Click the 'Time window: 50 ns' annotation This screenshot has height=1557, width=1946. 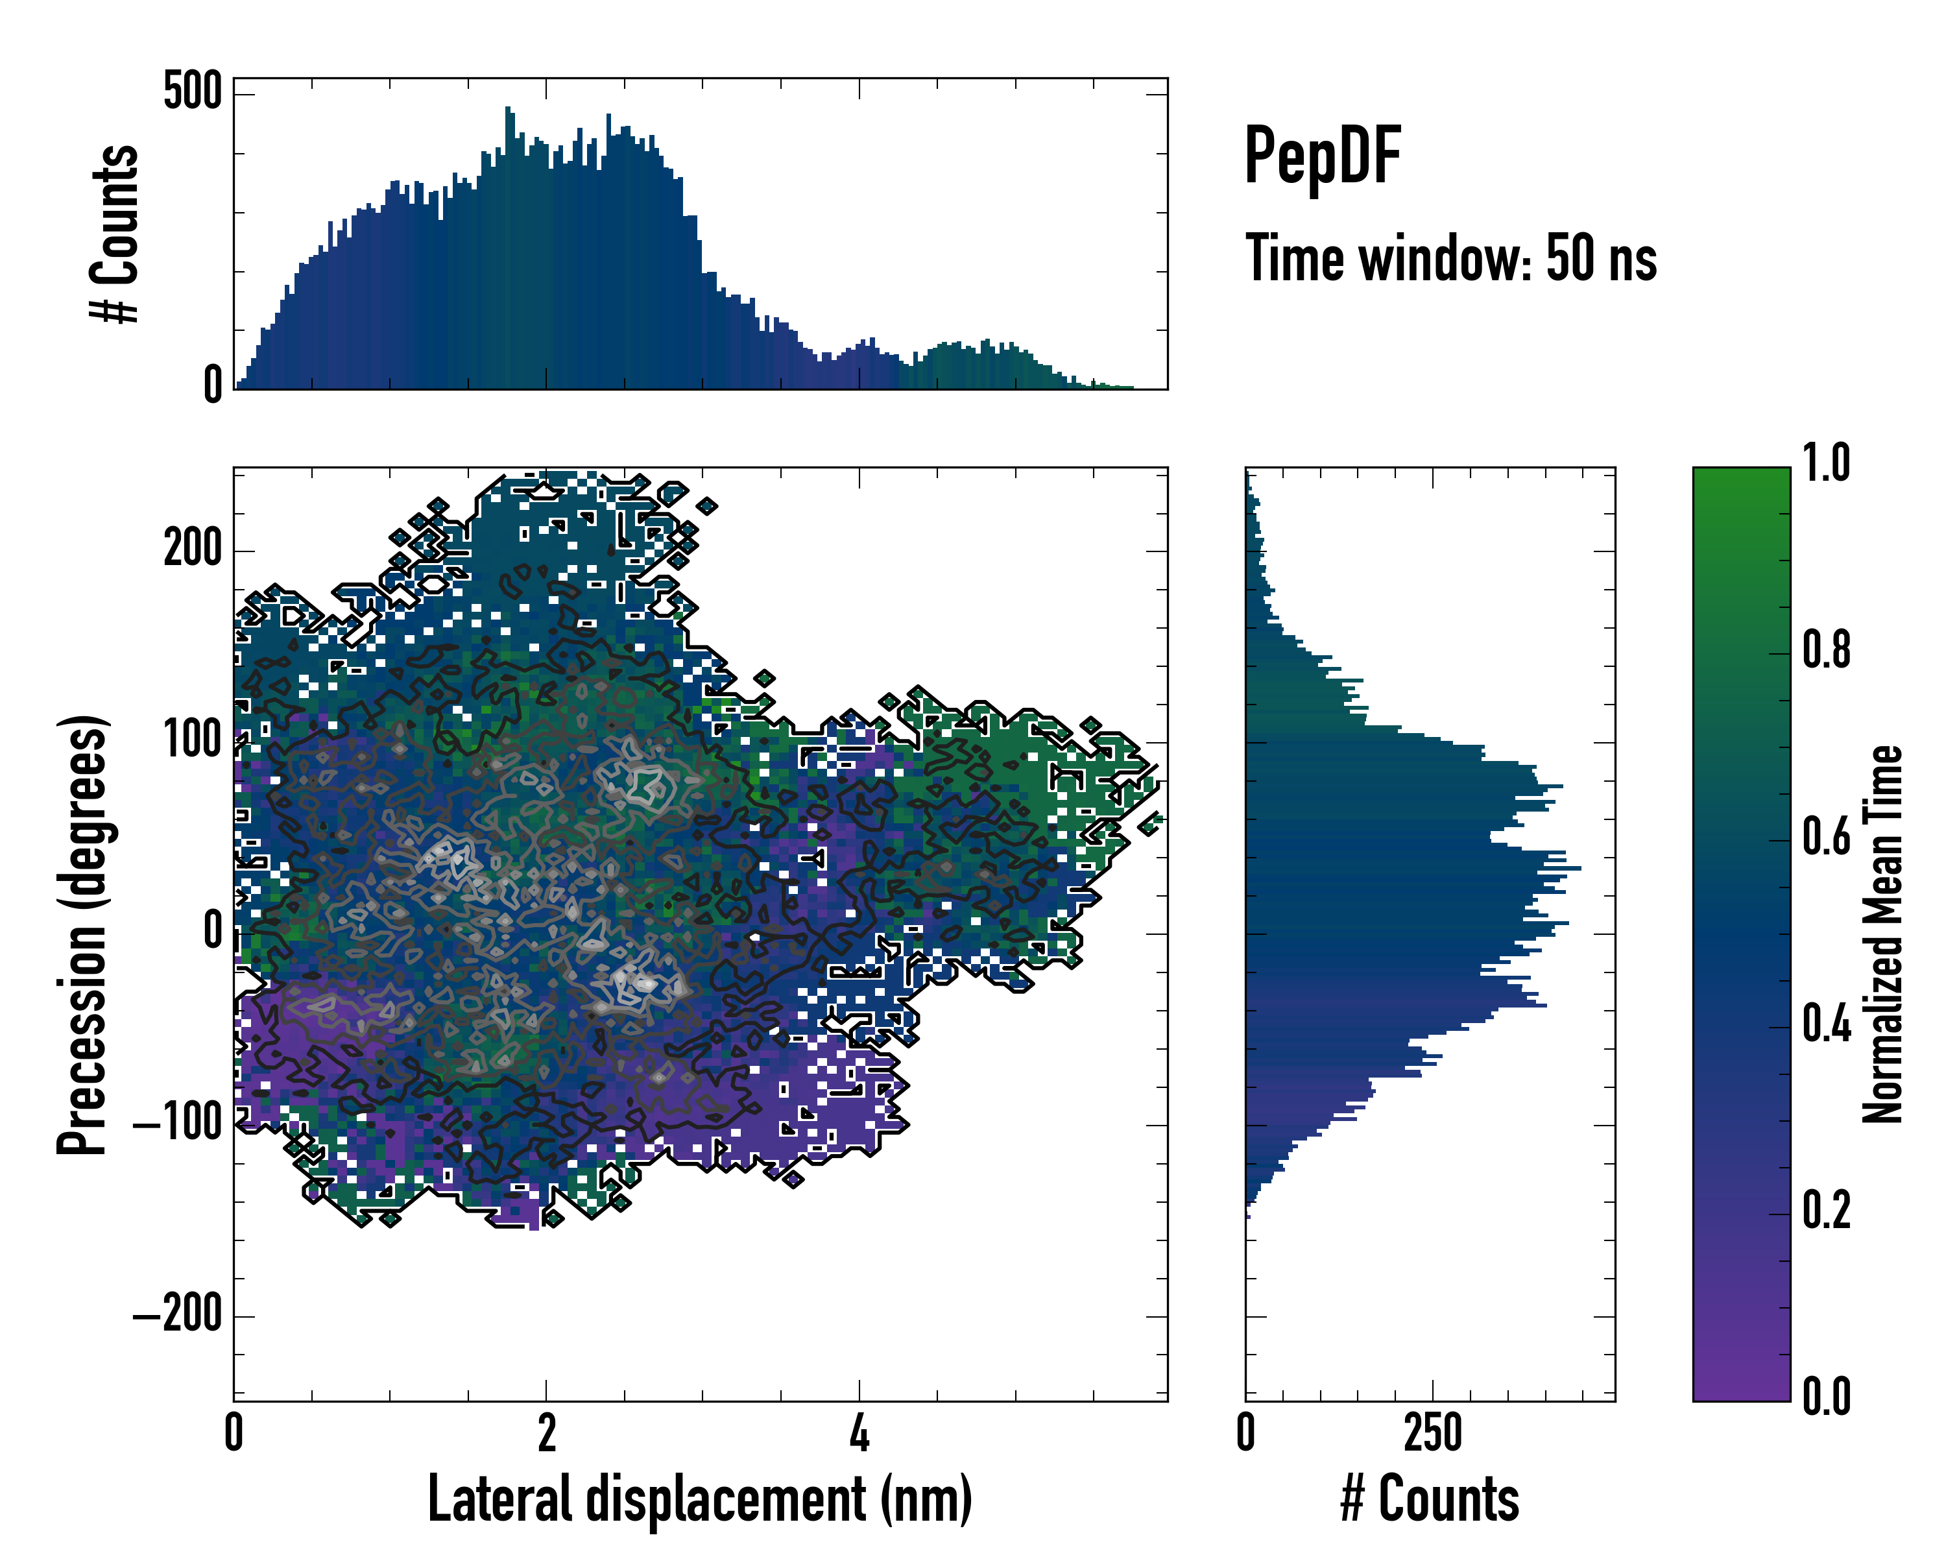1450,258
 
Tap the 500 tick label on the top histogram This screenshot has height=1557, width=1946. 192,91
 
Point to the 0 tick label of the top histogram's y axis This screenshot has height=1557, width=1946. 213,385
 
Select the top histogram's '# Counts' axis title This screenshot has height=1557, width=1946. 115,233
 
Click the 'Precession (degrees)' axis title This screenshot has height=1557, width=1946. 83,934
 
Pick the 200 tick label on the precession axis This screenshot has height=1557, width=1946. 192,549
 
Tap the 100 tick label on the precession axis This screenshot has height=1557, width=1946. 192,740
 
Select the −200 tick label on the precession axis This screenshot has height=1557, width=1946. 178,1315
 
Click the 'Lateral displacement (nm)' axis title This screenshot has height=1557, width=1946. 699,1499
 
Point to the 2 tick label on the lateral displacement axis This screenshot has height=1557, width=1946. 546,1433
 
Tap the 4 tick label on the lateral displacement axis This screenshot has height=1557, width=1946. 859,1433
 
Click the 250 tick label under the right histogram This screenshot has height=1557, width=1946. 1432,1433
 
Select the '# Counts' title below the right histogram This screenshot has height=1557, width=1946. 1430,1499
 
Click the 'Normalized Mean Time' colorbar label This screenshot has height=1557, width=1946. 1883,934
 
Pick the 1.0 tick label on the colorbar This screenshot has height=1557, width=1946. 1826,464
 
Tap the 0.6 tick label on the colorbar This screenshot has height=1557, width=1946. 1826,837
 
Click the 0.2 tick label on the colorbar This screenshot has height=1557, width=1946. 1826,1211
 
